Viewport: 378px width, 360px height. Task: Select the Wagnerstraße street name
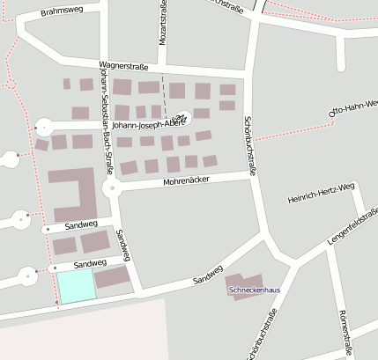123,66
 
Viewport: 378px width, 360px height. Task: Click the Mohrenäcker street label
185,182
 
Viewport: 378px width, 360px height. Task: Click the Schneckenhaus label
254,290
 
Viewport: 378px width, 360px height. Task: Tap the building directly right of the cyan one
112,278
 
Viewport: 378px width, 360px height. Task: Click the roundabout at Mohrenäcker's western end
110,189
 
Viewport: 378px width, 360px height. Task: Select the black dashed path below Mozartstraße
164,92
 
